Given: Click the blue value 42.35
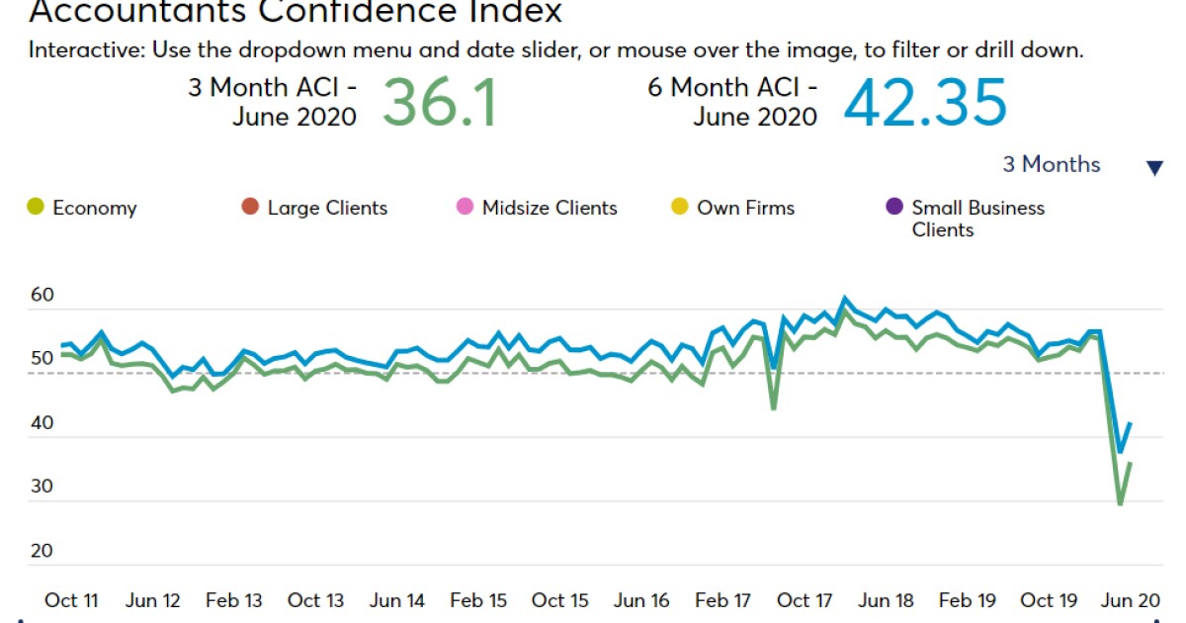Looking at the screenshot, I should (x=925, y=103).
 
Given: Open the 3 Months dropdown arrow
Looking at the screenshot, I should (x=1154, y=168).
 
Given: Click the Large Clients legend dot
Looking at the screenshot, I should (x=250, y=208).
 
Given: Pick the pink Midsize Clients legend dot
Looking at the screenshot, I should (x=465, y=208).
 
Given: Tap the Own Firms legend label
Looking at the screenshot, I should (x=745, y=208).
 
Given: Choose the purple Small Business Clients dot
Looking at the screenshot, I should (x=894, y=208).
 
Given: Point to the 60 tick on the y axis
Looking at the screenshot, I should (x=42, y=295).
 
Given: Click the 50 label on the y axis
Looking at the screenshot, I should (x=42, y=359).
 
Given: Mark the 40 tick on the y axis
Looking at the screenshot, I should (x=42, y=423).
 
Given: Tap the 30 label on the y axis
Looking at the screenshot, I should (x=42, y=488).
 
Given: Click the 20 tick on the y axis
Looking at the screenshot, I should (x=42, y=551).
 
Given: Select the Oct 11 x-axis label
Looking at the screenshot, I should (x=71, y=600).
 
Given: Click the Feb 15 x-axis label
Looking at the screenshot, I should (x=478, y=600).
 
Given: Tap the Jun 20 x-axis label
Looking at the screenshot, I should (x=1130, y=600).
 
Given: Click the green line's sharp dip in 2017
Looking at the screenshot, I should (x=774, y=408).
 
